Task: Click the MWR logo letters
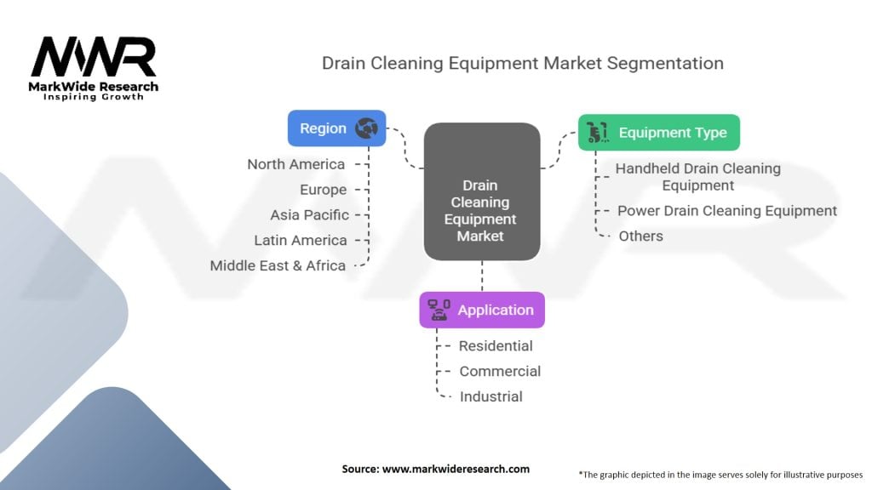click(x=94, y=58)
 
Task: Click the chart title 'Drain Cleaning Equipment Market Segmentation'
click(x=522, y=63)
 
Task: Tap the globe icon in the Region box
click(x=367, y=128)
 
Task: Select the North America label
click(x=296, y=164)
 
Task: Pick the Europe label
click(x=323, y=190)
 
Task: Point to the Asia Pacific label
click(x=309, y=215)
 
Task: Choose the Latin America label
click(x=301, y=241)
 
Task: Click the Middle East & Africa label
click(x=278, y=265)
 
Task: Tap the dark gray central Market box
click(x=482, y=191)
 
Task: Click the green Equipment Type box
click(x=658, y=133)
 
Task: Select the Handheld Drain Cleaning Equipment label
click(x=697, y=177)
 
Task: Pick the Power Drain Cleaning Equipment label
click(x=727, y=210)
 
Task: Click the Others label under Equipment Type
click(x=640, y=236)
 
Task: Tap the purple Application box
click(x=482, y=311)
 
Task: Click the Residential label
click(x=496, y=345)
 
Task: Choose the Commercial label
click(x=500, y=371)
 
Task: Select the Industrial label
click(x=490, y=396)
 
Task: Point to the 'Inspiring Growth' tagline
click(x=94, y=97)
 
